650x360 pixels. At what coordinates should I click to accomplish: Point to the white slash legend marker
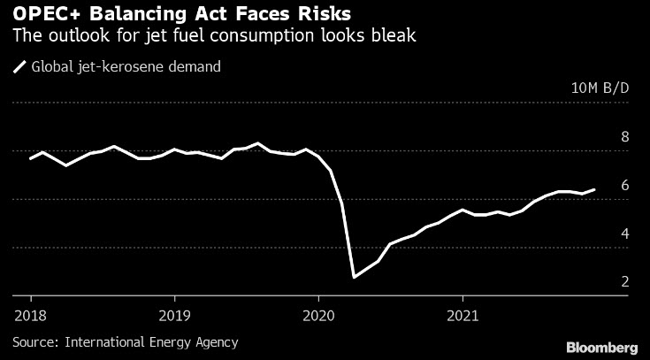click(x=19, y=65)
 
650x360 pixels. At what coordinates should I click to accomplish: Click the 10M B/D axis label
click(x=600, y=88)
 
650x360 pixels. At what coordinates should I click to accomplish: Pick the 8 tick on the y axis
click(x=625, y=137)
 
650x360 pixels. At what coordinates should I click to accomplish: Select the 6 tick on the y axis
click(x=625, y=186)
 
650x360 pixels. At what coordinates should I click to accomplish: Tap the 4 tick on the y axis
click(x=625, y=234)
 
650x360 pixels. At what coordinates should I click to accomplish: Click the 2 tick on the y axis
click(x=625, y=282)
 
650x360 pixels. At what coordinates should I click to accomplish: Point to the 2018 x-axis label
click(x=30, y=314)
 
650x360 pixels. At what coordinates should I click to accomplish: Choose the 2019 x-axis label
click(x=174, y=314)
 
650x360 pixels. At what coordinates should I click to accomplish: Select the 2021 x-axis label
click(x=463, y=314)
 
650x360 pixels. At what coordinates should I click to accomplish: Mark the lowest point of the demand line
click(x=355, y=277)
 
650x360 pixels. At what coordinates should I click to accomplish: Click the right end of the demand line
click(x=594, y=189)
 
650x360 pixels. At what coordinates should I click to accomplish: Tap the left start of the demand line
click(x=30, y=158)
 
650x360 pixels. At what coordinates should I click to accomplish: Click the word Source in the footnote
click(x=34, y=341)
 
